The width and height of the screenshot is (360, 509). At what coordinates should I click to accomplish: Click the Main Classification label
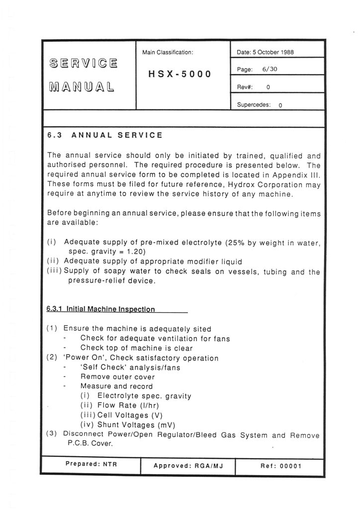168,52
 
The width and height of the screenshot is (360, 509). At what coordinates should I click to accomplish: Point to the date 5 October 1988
266,52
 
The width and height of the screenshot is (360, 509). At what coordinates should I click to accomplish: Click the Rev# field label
245,87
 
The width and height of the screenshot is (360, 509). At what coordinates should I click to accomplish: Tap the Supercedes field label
253,105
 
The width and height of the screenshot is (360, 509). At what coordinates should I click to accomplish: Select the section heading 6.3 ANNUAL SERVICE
104,135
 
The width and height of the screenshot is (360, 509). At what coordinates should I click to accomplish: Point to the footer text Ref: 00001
280,466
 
